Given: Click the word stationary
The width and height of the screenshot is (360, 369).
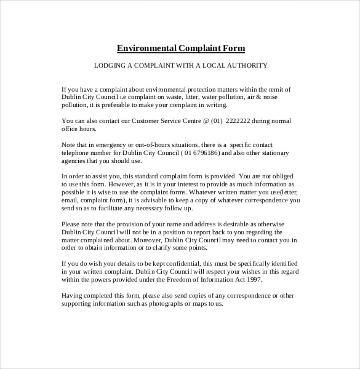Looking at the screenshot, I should click(x=272, y=154).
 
